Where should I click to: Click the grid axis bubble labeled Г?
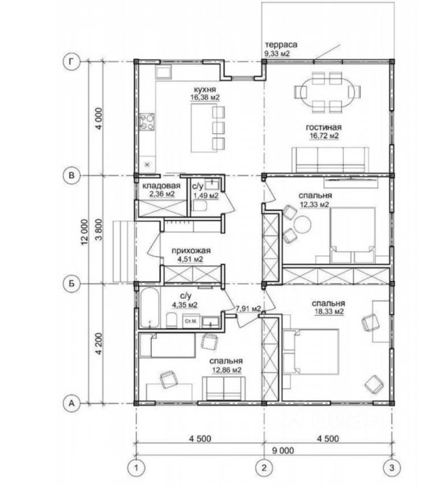71,62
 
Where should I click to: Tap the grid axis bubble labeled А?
71,403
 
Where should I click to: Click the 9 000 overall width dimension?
283,451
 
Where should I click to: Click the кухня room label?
205,90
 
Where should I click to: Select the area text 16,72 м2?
324,136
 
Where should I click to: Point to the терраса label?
281,45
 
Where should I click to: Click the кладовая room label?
161,186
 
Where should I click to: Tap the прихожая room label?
191,251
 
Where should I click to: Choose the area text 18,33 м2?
329,312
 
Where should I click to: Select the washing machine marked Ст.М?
191,321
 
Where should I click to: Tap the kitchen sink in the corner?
164,73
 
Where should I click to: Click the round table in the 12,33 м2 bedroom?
302,224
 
